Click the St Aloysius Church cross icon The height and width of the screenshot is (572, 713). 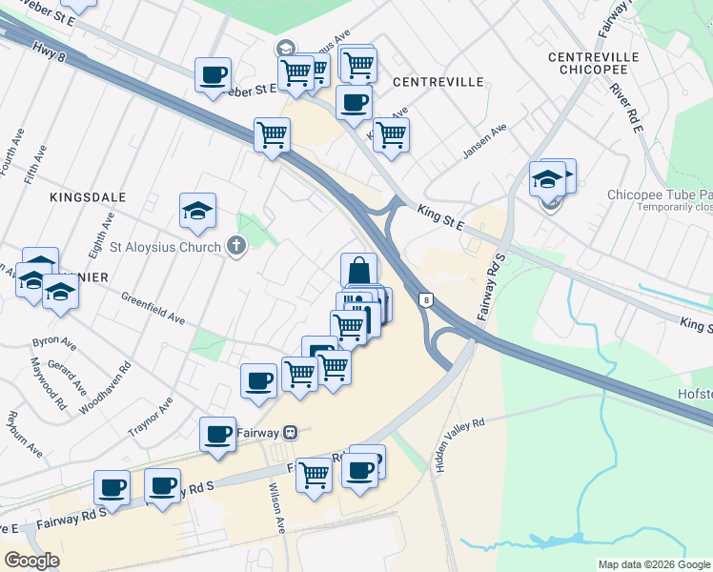[x=237, y=247]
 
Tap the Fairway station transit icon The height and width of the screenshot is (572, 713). [x=291, y=432]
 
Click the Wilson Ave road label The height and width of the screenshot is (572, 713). [x=276, y=506]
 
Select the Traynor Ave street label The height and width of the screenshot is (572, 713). [x=151, y=418]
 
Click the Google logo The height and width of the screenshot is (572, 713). [x=31, y=561]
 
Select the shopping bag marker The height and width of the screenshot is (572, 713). [x=358, y=271]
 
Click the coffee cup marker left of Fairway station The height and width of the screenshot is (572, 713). [x=217, y=435]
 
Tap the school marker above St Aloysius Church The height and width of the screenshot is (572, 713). [x=197, y=211]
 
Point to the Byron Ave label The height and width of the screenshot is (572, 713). [x=54, y=341]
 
